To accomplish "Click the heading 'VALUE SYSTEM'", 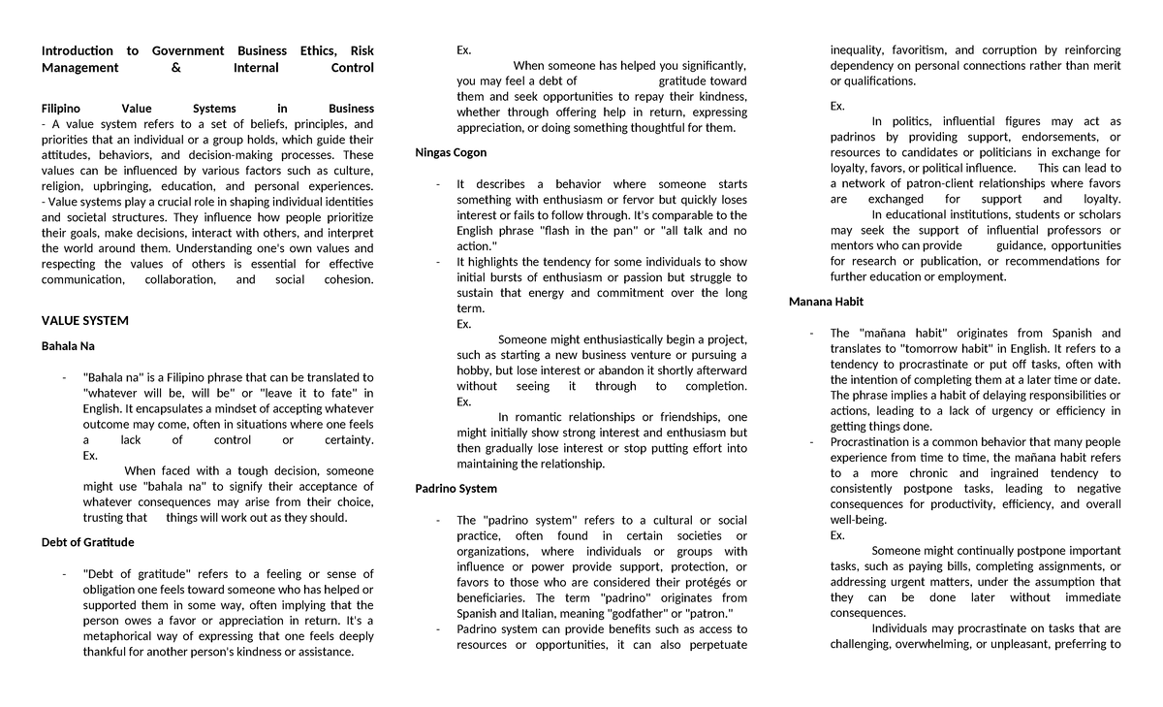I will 85,321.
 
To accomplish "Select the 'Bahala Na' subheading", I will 68,345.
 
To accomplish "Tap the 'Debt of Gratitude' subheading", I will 87,542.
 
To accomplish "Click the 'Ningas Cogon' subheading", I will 451,153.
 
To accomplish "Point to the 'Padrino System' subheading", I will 456,488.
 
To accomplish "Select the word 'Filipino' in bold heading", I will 61,109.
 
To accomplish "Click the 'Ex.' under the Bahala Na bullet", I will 91,455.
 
